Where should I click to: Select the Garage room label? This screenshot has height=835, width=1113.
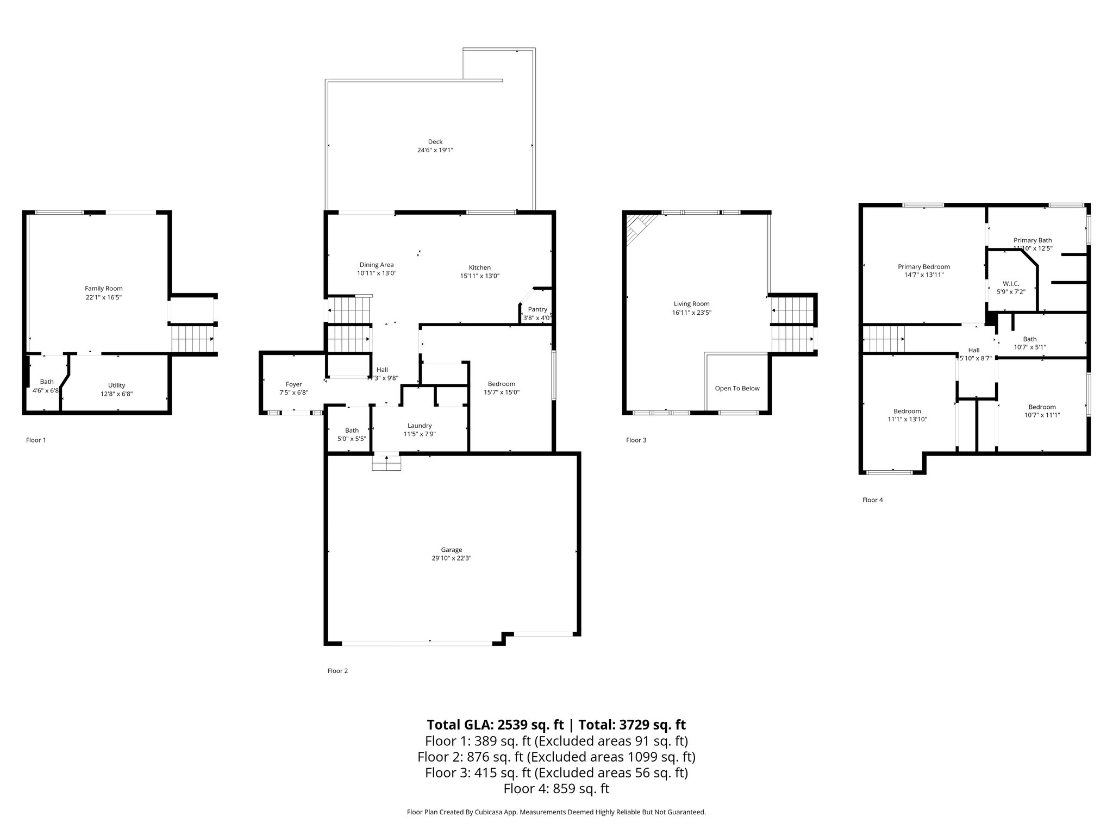[451, 550]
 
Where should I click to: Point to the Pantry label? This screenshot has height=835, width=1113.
[537, 309]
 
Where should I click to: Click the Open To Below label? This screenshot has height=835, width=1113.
[737, 388]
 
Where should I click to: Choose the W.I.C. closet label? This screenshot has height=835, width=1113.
[1011, 284]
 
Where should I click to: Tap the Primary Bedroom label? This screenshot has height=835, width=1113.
[923, 266]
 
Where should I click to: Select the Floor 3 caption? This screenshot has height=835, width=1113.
[636, 440]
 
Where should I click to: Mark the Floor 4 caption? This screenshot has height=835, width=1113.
[872, 500]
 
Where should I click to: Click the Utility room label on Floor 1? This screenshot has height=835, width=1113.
[116, 385]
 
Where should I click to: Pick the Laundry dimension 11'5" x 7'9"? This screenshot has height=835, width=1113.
[420, 434]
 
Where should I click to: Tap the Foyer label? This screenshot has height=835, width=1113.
[293, 384]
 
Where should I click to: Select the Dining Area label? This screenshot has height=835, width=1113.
[376, 265]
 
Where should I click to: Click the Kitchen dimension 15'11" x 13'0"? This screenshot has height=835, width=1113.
[479, 276]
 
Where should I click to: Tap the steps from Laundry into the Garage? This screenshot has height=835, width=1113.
[386, 462]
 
